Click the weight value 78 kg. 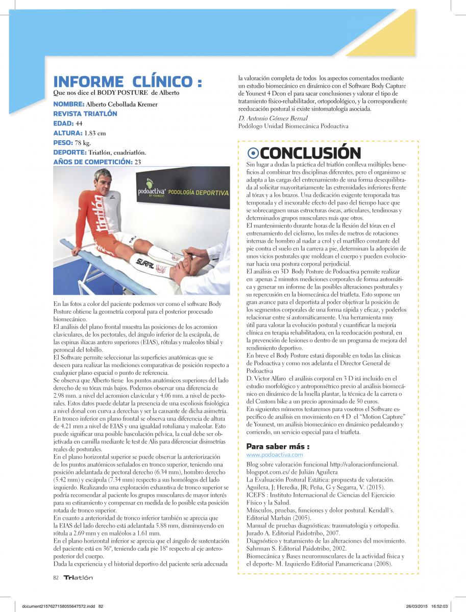(83, 143)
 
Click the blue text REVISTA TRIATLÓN (85, 114)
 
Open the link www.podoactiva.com (275, 454)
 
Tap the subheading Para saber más (278, 446)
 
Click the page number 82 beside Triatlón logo (56, 577)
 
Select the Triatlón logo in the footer (78, 577)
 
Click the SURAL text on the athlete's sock (145, 262)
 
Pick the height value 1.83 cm (95, 133)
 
